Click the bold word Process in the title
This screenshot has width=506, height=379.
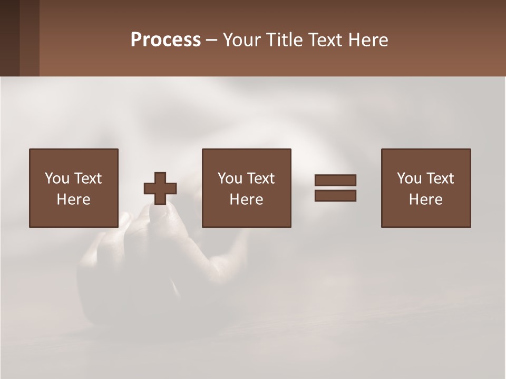166,40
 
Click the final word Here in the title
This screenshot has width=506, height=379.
368,40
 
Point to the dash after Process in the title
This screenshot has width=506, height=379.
211,41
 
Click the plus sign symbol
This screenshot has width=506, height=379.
160,188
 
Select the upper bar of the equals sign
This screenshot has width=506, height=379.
335,180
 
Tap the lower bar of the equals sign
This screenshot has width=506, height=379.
335,196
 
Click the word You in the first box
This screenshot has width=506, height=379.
57,178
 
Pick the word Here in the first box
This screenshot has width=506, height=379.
73,200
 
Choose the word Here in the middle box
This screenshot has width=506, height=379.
246,200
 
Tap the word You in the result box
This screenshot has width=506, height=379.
409,178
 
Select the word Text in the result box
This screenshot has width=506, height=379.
440,178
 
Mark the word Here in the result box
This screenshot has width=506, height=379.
425,200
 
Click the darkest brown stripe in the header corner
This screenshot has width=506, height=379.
9,38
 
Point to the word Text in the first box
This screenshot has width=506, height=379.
87,178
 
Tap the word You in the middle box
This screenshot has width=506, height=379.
230,178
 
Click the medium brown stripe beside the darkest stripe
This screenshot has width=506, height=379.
30,38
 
